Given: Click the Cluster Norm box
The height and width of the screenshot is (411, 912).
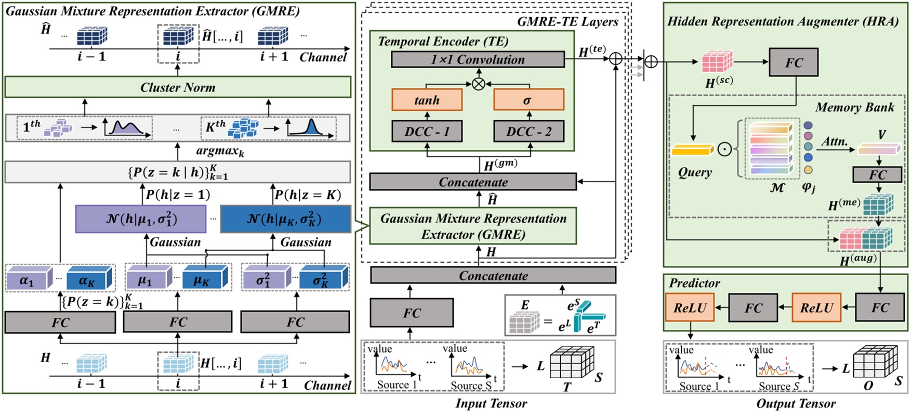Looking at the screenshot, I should (x=178, y=87).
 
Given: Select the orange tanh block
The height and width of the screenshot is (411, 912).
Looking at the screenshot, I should (x=427, y=100).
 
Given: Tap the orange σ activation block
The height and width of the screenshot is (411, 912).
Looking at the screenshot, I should (x=528, y=100).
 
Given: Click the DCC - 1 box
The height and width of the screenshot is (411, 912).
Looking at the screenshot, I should (x=427, y=132).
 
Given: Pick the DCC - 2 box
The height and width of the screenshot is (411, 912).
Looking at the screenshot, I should (x=528, y=132).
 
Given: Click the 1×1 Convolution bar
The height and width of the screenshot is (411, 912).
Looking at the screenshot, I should (x=477, y=59).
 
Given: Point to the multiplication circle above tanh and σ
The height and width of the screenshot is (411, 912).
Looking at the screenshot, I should (x=478, y=83).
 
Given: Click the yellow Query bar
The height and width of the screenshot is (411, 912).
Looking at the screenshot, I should (x=692, y=151).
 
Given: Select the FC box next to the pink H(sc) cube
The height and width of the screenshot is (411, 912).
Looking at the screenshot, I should (x=793, y=62).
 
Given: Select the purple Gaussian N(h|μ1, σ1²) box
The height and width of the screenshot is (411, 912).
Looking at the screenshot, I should (x=141, y=219).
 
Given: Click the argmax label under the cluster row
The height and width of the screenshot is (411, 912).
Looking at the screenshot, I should (x=220, y=152).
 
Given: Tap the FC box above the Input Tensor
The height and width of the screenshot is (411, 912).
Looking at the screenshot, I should (x=411, y=313).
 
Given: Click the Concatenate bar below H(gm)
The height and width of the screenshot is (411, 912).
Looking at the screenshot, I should (x=472, y=182).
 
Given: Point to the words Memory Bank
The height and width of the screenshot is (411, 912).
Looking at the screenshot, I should (x=854, y=108).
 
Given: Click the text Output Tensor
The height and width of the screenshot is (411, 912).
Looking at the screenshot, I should (x=796, y=403).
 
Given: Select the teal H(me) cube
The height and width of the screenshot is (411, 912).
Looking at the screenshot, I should (x=878, y=205).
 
